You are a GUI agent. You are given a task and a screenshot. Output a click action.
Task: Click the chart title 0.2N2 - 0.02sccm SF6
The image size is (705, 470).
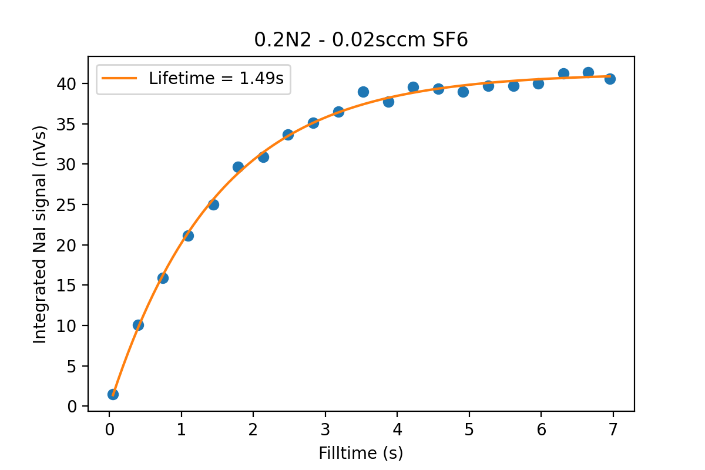tap(361, 40)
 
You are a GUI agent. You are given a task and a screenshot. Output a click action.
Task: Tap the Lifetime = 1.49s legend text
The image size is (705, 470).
tap(216, 78)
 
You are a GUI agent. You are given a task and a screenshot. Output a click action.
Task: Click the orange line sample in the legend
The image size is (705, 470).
tap(120, 78)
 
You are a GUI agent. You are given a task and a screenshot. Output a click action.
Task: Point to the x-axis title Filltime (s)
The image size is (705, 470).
tap(361, 454)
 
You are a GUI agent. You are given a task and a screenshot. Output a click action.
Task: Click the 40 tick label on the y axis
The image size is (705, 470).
tap(66, 84)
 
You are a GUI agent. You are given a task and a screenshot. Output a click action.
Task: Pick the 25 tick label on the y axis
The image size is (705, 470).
tap(66, 205)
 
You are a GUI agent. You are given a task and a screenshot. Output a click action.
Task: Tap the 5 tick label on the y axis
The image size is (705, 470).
tap(72, 367)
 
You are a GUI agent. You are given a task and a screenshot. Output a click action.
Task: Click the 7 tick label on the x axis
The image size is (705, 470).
tap(613, 429)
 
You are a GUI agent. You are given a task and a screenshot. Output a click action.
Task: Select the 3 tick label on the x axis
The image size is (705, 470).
tap(325, 429)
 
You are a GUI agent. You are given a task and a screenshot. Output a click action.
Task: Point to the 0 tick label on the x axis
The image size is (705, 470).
tap(109, 429)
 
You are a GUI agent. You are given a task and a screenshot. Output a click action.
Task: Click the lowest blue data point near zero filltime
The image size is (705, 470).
tap(113, 394)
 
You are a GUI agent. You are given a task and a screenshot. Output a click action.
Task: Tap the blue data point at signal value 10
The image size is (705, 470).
tap(138, 325)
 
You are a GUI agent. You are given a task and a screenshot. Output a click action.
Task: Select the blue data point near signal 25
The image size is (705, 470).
tap(213, 205)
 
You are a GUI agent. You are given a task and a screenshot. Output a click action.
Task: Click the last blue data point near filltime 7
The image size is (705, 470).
tap(610, 79)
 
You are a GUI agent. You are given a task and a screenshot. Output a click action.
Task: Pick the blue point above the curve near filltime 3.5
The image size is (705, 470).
tap(363, 92)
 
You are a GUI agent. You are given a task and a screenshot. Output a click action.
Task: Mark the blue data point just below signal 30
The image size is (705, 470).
tap(238, 167)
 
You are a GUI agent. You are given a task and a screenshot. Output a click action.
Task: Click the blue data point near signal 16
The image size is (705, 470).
tap(163, 278)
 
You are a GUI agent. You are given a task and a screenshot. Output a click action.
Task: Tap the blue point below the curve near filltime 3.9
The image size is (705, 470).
tap(388, 102)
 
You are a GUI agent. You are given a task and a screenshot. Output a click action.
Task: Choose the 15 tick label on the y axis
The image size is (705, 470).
tap(66, 286)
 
